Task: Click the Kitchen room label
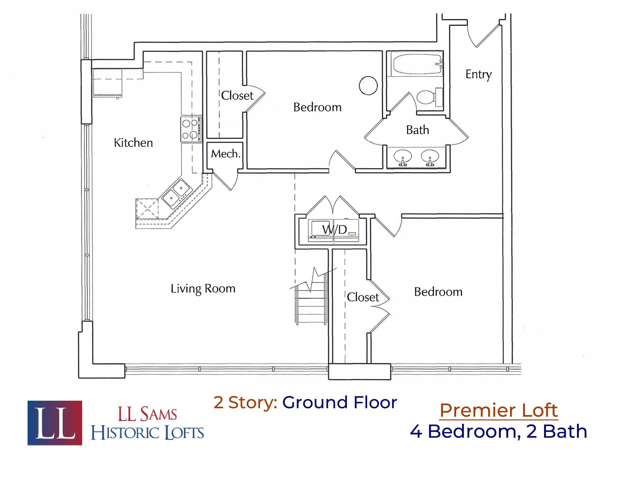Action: pos(133,143)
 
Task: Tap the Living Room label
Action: pos(203,288)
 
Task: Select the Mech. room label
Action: pos(225,154)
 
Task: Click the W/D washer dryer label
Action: pos(334,230)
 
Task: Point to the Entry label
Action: pos(478,74)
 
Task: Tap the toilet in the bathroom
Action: pos(428,97)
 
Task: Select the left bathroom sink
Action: pos(402,156)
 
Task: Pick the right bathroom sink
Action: pos(430,156)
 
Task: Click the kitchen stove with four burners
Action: pos(191,129)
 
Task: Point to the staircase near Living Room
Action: pos(312,300)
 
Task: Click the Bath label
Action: pos(417,130)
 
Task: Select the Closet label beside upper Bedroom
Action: pos(237,96)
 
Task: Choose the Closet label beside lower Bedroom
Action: pos(362,297)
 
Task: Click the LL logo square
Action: pos(55,423)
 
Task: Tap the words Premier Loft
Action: pos(498,410)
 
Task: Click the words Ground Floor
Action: pos(339,402)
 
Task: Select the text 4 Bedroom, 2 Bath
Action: pos(498,431)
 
